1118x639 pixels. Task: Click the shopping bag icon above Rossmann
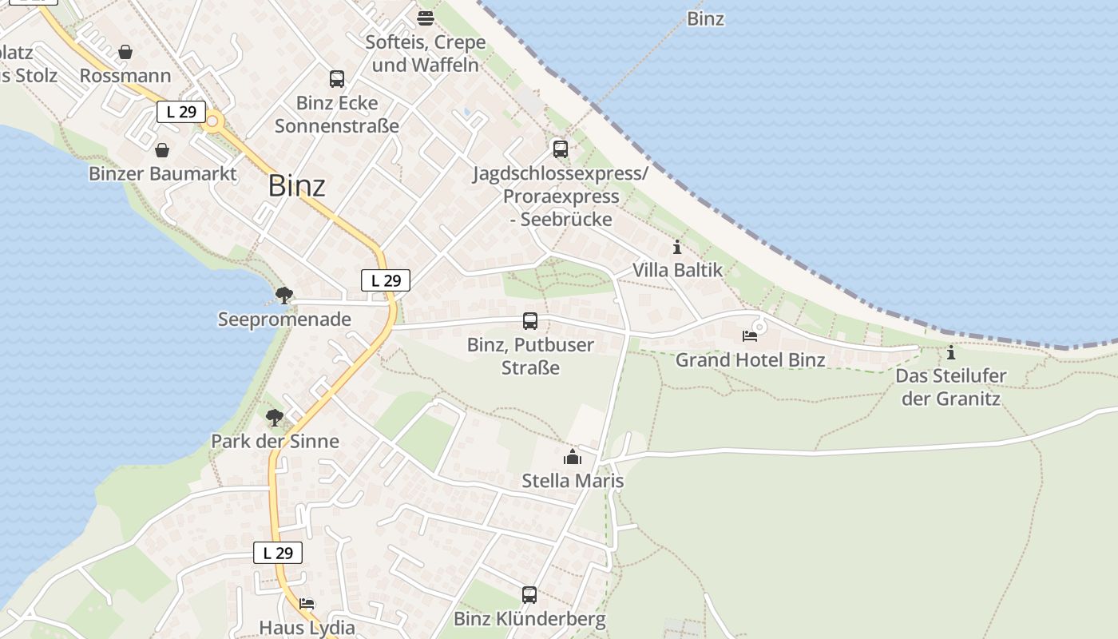(125, 53)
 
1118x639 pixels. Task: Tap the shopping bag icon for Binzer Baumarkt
(162, 150)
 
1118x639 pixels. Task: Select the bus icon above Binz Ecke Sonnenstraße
(337, 79)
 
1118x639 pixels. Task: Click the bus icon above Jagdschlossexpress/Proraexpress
(561, 149)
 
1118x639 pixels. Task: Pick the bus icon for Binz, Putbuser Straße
(530, 321)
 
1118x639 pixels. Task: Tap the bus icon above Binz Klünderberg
(529, 595)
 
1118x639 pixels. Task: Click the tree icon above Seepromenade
(283, 296)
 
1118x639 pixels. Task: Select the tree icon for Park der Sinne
(275, 418)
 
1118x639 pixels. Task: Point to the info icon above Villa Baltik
(677, 247)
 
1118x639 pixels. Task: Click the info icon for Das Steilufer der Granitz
(950, 352)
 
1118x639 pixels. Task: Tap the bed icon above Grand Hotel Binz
(750, 336)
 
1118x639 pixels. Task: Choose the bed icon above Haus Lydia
(307, 604)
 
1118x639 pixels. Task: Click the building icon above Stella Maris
(573, 457)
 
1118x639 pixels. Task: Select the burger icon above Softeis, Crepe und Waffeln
(426, 18)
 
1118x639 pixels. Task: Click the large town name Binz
(297, 186)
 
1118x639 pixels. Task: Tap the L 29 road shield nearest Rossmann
(181, 112)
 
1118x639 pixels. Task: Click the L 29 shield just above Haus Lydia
(278, 553)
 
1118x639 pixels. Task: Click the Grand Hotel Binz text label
(751, 360)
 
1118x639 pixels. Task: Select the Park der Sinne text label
(275, 441)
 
